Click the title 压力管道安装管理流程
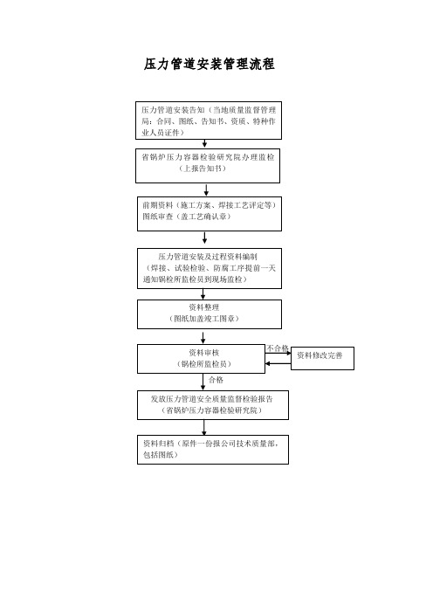click(x=209, y=64)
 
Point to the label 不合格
click(x=277, y=348)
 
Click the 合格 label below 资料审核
click(x=216, y=380)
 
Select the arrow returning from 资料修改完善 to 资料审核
click(x=278, y=363)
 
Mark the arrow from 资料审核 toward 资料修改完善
click(x=278, y=353)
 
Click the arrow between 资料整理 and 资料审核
click(x=203, y=338)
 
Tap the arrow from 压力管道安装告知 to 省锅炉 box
click(x=204, y=143)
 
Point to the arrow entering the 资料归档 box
click(x=203, y=428)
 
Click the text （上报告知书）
click(x=203, y=169)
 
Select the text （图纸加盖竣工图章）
click(x=204, y=319)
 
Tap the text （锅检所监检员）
click(x=204, y=364)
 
